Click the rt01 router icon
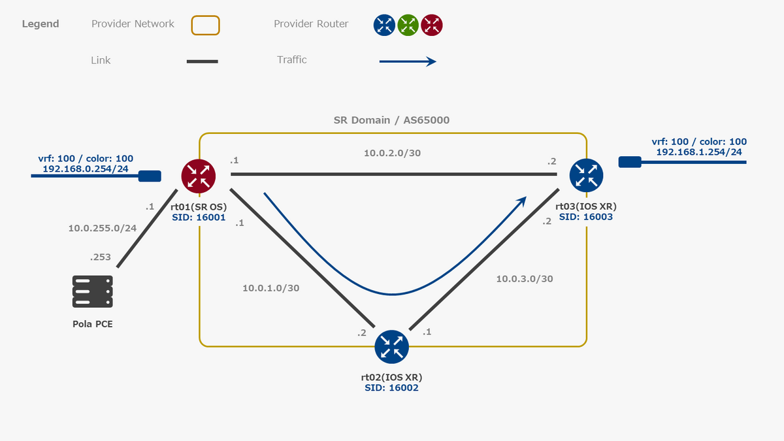(198, 176)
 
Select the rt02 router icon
(391, 347)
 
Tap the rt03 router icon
(586, 174)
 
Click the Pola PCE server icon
(92, 291)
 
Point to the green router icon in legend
(408, 25)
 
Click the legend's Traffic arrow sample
(408, 61)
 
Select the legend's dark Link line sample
(202, 61)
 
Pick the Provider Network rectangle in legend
(205, 25)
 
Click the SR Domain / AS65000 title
(392, 120)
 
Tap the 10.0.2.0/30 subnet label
(392, 153)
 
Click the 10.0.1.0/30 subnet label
(270, 287)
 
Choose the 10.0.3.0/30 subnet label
(525, 279)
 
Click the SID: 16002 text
(391, 387)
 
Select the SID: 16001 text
(199, 218)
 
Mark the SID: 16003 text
(586, 216)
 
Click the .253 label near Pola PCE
(101, 257)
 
